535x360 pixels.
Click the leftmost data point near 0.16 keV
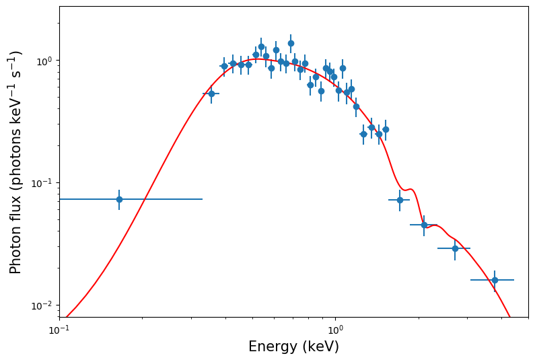[119, 199]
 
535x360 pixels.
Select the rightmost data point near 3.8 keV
[495, 280]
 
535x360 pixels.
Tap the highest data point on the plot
[291, 43]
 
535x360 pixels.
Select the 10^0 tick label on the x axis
[335, 329]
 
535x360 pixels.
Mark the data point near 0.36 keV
[211, 94]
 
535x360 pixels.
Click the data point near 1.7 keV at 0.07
[400, 200]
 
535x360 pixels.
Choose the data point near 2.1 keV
[424, 225]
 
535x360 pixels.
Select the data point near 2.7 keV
[455, 248]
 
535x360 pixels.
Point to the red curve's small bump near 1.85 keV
[410, 190]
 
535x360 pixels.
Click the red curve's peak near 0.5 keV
[259, 59]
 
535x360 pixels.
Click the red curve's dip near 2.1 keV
[427, 228]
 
